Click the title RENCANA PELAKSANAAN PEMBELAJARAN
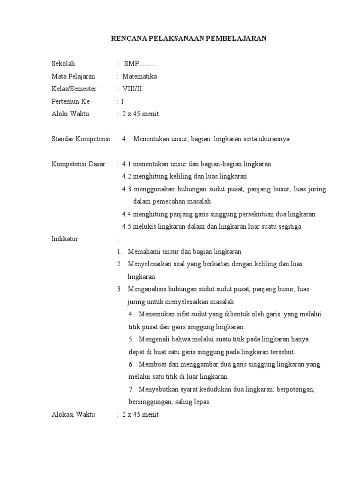click(x=188, y=39)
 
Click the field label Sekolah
click(x=63, y=64)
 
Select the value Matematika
click(x=140, y=76)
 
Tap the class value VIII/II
click(x=132, y=89)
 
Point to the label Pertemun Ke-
click(x=72, y=101)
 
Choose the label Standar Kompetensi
click(x=80, y=139)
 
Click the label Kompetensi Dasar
click(x=78, y=164)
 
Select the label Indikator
click(x=65, y=239)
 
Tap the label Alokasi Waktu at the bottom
click(x=73, y=414)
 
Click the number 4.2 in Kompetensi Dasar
click(x=127, y=177)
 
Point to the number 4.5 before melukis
click(x=127, y=227)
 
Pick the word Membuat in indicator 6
click(x=151, y=364)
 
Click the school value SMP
click(x=132, y=64)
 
